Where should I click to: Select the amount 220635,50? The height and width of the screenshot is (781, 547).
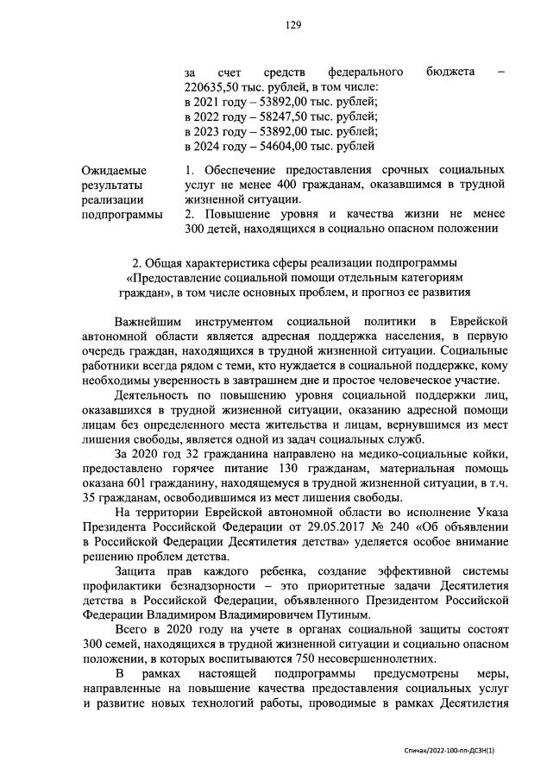click(211, 86)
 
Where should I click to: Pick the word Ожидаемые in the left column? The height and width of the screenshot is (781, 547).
click(113, 171)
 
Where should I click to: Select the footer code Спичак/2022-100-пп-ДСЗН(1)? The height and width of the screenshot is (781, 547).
click(456, 752)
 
